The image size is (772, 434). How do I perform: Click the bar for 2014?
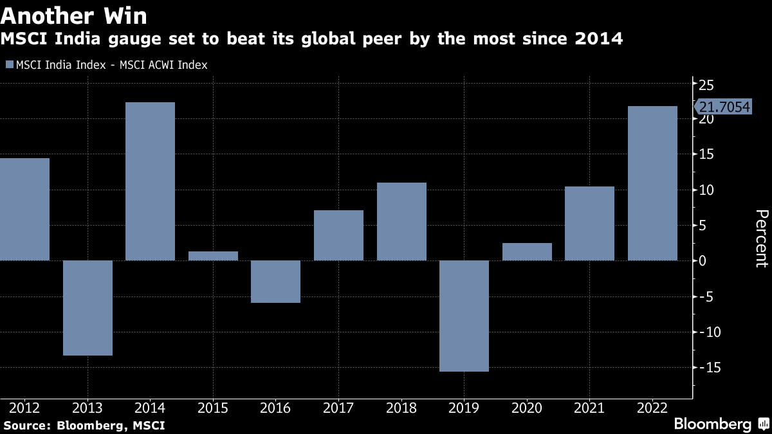click(x=150, y=181)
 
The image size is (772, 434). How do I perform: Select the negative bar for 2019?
click(x=464, y=316)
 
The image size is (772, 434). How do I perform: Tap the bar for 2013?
click(x=87, y=307)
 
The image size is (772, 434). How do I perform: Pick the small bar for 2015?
click(x=213, y=256)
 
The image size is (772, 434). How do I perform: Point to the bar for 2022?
click(x=652, y=183)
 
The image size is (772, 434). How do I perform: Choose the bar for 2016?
click(x=276, y=282)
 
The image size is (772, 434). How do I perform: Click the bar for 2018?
click(x=401, y=222)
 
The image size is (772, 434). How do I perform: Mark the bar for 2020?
click(x=527, y=252)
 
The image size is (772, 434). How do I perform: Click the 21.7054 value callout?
click(x=724, y=107)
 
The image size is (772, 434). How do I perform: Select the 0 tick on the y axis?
click(x=703, y=261)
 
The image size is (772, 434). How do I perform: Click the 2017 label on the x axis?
click(x=338, y=408)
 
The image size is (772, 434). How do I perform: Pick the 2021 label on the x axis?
click(x=589, y=408)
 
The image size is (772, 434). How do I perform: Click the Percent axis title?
click(x=761, y=239)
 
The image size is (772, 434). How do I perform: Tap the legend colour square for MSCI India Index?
click(x=10, y=64)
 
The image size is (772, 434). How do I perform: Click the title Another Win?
click(x=74, y=15)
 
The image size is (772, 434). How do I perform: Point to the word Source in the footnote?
click(x=25, y=425)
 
